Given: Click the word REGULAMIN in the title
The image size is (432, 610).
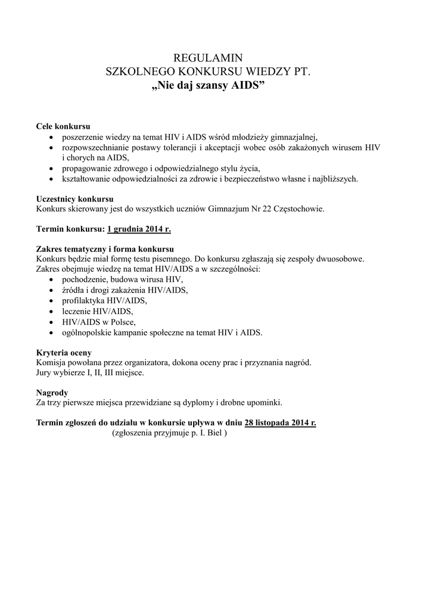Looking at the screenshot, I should click(208, 58).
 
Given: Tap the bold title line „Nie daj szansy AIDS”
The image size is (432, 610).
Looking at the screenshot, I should click(208, 85).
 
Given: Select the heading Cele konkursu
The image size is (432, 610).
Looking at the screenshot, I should click(63, 127).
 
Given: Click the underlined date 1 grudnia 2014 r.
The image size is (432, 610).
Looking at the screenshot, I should click(139, 229).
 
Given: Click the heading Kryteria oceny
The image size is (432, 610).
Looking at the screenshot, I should click(64, 352).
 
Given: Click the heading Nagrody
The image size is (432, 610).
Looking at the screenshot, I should click(52, 392).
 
